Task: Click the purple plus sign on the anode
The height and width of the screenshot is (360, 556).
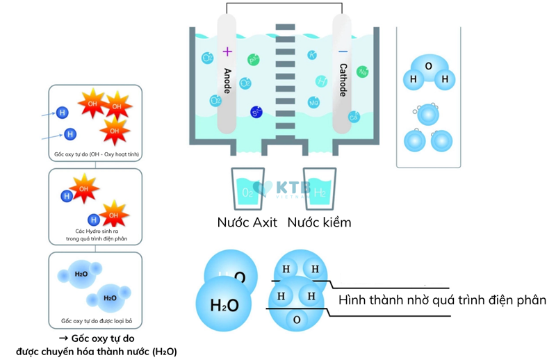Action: point(227,51)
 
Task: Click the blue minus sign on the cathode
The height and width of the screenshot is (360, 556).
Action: point(343,51)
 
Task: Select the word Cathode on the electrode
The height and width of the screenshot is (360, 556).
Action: point(343,80)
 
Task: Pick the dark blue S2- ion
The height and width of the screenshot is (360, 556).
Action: point(256,111)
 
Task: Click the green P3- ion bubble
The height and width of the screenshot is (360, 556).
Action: point(254,60)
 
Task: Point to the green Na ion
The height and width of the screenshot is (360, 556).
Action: point(362,71)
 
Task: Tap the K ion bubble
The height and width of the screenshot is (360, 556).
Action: point(312,55)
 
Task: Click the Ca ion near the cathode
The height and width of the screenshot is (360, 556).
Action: point(354,117)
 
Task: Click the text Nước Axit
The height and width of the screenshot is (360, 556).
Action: point(247,222)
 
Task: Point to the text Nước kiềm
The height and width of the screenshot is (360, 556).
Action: point(319,222)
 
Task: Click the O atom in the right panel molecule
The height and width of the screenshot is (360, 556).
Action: point(428,67)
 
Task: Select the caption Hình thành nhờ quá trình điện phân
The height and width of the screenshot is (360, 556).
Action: point(442,300)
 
